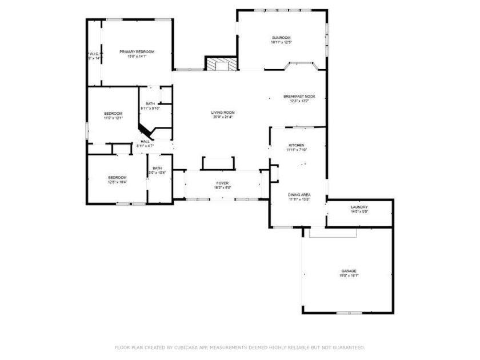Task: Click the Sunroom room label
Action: click(281, 38)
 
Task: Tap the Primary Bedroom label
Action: click(137, 52)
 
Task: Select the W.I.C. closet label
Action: click(94, 54)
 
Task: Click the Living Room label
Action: click(224, 113)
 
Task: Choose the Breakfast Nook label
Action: click(299, 97)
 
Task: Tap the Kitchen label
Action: click(296, 145)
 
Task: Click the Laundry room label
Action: click(359, 207)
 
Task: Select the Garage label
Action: click(349, 271)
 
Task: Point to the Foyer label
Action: click(222, 183)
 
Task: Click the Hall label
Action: click(145, 141)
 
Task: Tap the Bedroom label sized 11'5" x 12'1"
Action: click(113, 113)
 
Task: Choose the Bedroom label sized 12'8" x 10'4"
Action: click(117, 177)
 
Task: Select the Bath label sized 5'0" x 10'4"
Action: click(157, 168)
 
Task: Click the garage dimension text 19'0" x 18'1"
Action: click(349, 275)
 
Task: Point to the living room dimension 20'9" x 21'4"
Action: click(224, 117)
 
